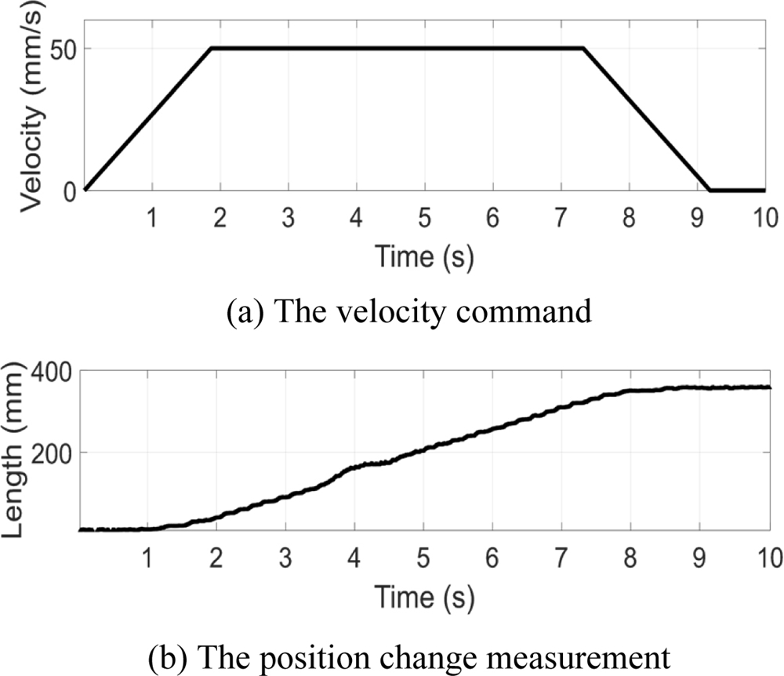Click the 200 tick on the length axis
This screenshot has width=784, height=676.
click(x=49, y=452)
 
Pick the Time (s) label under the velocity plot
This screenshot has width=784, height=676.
click(x=424, y=256)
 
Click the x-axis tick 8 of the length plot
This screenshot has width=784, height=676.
click(x=630, y=557)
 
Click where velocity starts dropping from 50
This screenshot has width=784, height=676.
click(x=583, y=49)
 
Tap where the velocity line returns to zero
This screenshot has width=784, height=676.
click(x=710, y=190)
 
